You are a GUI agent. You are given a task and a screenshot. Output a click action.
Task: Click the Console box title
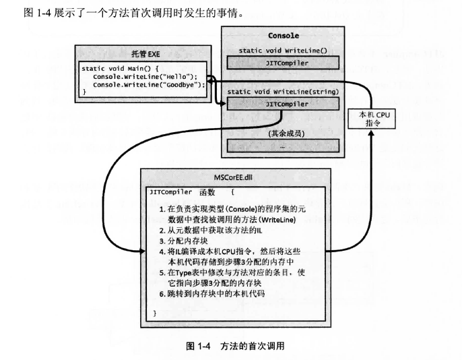pyautogui.click(x=283, y=36)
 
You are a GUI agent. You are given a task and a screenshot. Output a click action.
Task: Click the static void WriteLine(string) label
pyautogui.click(x=283, y=91)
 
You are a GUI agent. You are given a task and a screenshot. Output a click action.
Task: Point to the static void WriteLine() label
pyautogui.click(x=283, y=51)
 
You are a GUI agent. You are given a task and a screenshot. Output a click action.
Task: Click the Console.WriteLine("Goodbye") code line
pyautogui.click(x=149, y=85)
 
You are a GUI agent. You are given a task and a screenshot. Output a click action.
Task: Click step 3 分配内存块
pyautogui.click(x=183, y=240)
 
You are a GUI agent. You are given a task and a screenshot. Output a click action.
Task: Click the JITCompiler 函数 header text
pyautogui.click(x=180, y=191)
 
